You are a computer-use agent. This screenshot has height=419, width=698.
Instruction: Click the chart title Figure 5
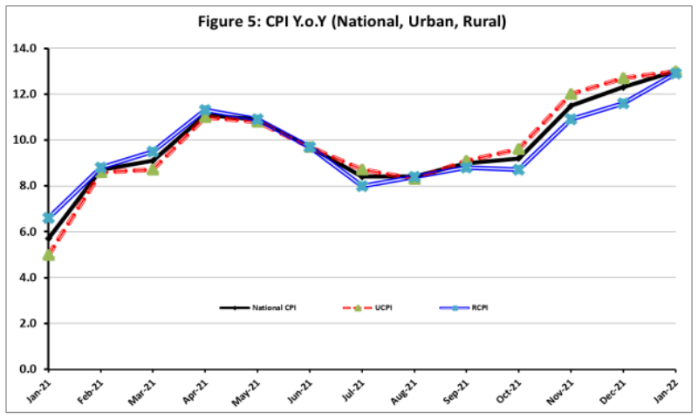(x=349, y=21)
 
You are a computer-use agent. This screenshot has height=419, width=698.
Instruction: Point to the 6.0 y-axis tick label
(x=26, y=231)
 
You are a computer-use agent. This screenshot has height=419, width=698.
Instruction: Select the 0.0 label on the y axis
(x=26, y=369)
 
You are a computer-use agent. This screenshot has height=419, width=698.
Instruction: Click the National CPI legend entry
(x=262, y=308)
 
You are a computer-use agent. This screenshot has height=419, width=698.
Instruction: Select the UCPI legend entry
(x=370, y=308)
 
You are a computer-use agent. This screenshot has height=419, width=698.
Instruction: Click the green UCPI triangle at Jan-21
(x=49, y=255)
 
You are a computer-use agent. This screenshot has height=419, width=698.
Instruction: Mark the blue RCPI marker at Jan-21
(x=49, y=217)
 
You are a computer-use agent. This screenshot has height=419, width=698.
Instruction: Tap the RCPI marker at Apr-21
(x=205, y=111)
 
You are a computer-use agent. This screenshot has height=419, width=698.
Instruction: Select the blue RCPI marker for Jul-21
(x=362, y=186)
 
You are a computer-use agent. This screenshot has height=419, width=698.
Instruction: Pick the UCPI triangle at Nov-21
(x=571, y=93)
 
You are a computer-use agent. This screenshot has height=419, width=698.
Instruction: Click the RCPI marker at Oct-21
(x=519, y=169)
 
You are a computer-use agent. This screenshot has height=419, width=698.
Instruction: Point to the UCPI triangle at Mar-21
(x=154, y=168)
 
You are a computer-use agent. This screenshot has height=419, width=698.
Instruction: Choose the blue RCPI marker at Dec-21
(x=624, y=103)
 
